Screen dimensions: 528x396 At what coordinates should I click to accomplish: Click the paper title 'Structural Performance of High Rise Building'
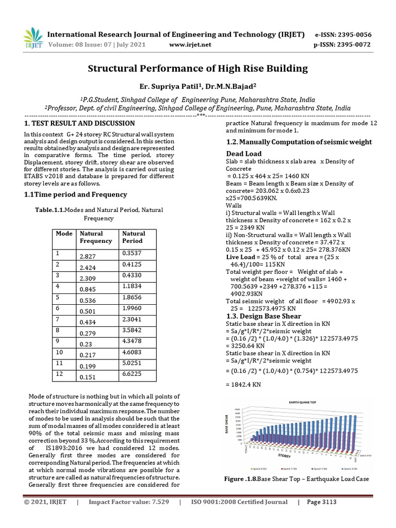point(197,68)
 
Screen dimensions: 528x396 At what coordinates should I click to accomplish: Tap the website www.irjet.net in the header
point(190,45)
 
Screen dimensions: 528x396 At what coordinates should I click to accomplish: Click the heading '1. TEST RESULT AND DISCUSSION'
point(80,124)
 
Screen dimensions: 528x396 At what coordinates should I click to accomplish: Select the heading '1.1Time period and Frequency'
point(76,194)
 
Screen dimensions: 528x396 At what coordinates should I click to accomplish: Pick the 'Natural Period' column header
point(134,237)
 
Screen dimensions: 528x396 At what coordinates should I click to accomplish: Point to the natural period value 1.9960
point(132,308)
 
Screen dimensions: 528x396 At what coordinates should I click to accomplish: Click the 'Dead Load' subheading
point(244,154)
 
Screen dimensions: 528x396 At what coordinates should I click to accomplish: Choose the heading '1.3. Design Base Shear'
point(264,316)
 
